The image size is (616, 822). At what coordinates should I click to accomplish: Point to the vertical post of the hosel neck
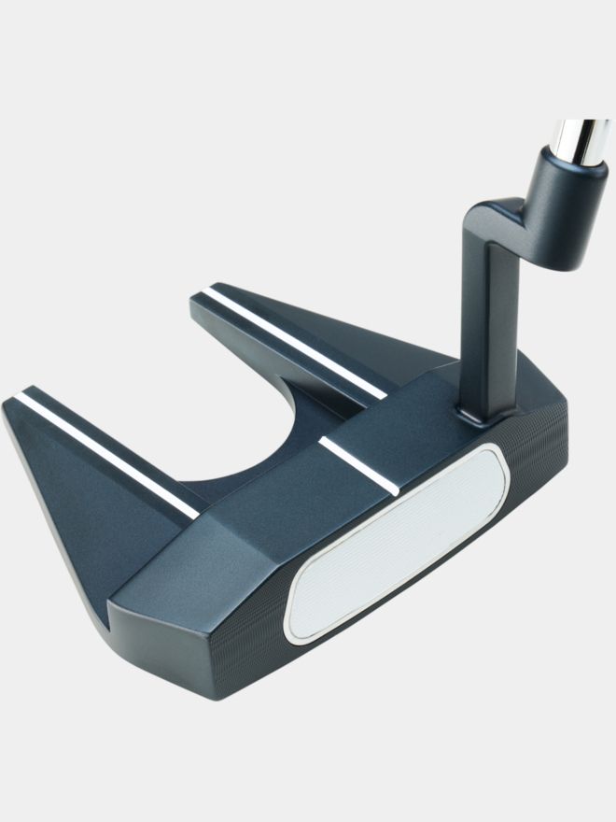pyautogui.click(x=485, y=318)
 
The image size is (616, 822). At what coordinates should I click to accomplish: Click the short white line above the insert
pyautogui.click(x=358, y=463)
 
